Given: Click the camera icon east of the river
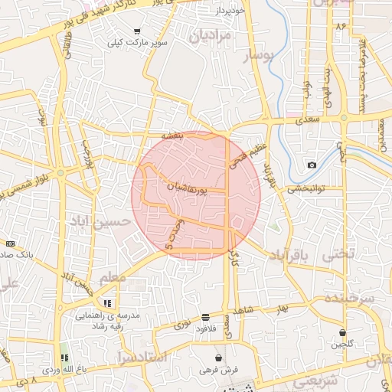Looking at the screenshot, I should (x=312, y=165).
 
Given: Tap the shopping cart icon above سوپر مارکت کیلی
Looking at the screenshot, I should (x=137, y=31).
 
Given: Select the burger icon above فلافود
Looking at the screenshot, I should (x=205, y=316).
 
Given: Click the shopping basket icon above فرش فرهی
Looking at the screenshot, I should (x=220, y=358).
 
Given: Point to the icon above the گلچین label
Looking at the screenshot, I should (x=343, y=333).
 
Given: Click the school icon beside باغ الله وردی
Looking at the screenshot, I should (x=64, y=358).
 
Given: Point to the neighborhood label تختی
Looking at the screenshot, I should (x=340, y=253).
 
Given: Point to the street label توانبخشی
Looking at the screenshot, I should (x=307, y=188).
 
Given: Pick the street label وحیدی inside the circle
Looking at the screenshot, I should (x=172, y=234).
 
